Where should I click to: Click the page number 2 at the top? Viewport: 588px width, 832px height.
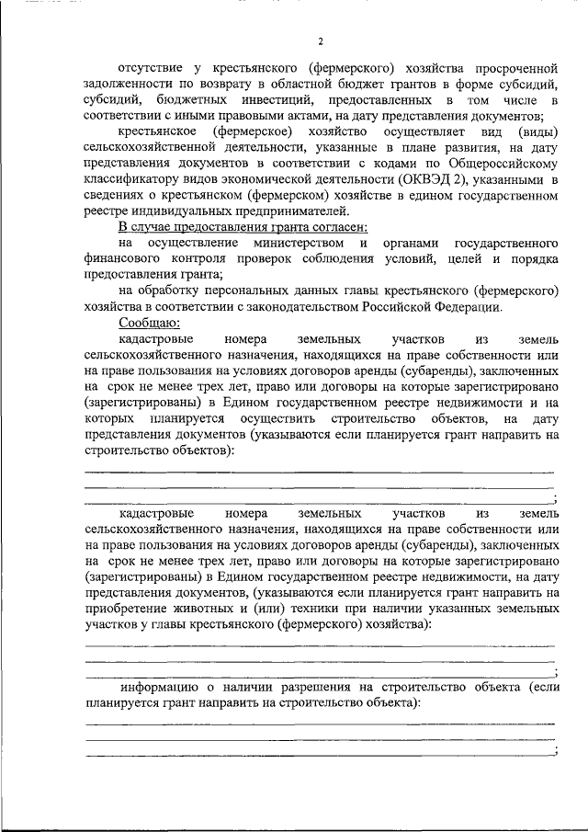coord(321,41)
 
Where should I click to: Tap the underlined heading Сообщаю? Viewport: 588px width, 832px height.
coord(149,323)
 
